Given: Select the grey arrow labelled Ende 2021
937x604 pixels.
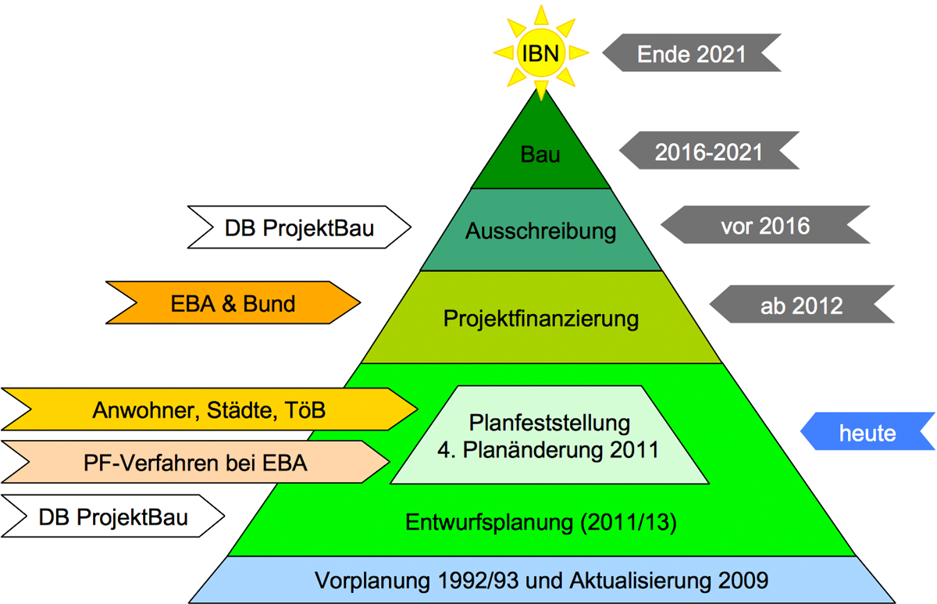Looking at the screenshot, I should [x=692, y=54].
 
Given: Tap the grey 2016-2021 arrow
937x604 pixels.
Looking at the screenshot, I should [x=707, y=152].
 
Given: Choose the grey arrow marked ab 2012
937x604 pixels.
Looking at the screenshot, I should [x=801, y=306].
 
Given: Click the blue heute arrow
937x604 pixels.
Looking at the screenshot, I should [x=868, y=432].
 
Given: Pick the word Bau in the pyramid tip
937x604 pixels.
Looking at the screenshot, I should [x=540, y=155].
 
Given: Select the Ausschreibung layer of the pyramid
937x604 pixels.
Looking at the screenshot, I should [x=541, y=231].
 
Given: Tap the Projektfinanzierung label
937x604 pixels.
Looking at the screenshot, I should [x=541, y=319].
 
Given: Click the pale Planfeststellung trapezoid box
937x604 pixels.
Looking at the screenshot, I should [x=550, y=435].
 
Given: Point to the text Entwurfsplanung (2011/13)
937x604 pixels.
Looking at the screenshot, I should [x=541, y=523].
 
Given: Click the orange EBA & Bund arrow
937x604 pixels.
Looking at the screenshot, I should [x=233, y=303].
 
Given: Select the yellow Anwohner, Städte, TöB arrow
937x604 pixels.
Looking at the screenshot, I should [x=209, y=409].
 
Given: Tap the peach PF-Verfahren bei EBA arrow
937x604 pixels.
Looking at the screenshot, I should [x=195, y=463].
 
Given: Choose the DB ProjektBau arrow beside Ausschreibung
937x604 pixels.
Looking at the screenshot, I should [x=300, y=228].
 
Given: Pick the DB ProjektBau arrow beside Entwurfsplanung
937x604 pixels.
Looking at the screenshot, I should [x=113, y=517].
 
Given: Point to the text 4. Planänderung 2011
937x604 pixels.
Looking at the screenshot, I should [x=550, y=450].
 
